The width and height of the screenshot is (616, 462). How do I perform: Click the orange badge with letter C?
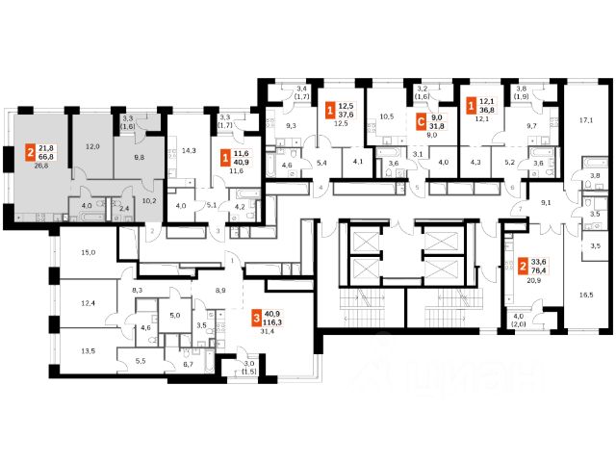coord(420,122)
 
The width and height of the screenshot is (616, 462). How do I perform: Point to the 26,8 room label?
coord(41,166)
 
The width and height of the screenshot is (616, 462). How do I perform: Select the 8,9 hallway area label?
coord(220,289)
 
